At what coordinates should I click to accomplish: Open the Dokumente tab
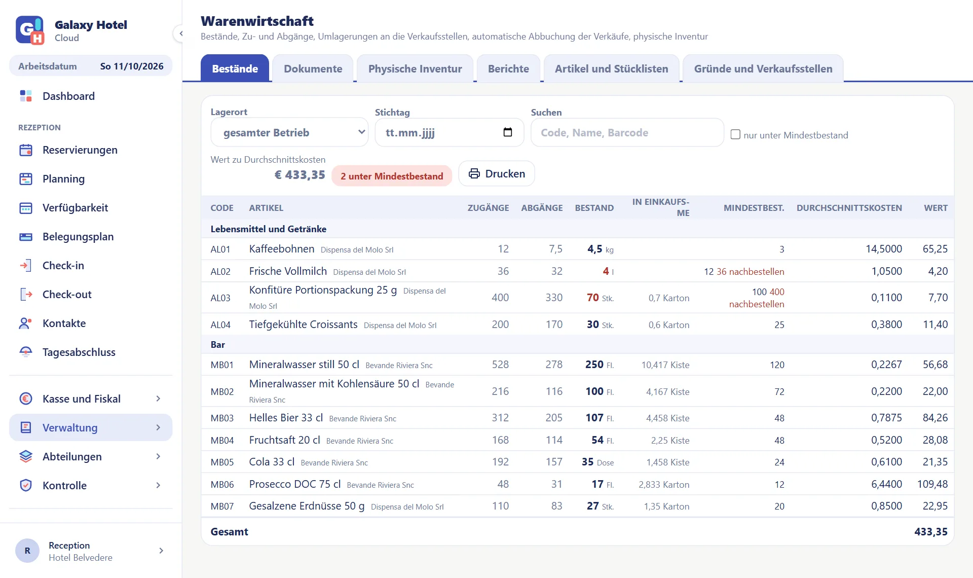pyautogui.click(x=313, y=68)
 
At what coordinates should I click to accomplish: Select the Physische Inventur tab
pyautogui.click(x=415, y=68)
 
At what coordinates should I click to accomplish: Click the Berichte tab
pyautogui.click(x=508, y=68)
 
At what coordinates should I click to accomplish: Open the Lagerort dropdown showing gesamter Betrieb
pyautogui.click(x=289, y=132)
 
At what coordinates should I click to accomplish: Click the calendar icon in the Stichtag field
pyautogui.click(x=507, y=132)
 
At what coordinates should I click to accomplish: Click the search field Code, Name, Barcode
pyautogui.click(x=627, y=132)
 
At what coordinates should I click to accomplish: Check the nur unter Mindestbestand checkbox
pyautogui.click(x=735, y=134)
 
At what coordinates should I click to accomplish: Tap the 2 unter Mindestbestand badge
pyautogui.click(x=392, y=176)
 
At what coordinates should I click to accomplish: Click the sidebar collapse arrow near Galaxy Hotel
pyautogui.click(x=179, y=33)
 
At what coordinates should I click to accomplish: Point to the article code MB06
pyautogui.click(x=222, y=484)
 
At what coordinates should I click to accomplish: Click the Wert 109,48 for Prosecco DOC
pyautogui.click(x=932, y=484)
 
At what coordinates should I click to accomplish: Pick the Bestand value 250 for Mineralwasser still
pyautogui.click(x=594, y=365)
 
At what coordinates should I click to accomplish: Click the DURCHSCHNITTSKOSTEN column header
pyautogui.click(x=849, y=208)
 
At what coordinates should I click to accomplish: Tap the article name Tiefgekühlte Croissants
pyautogui.click(x=303, y=324)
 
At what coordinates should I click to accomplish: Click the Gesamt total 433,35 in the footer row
pyautogui.click(x=930, y=531)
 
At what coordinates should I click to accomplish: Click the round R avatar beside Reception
pyautogui.click(x=27, y=551)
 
